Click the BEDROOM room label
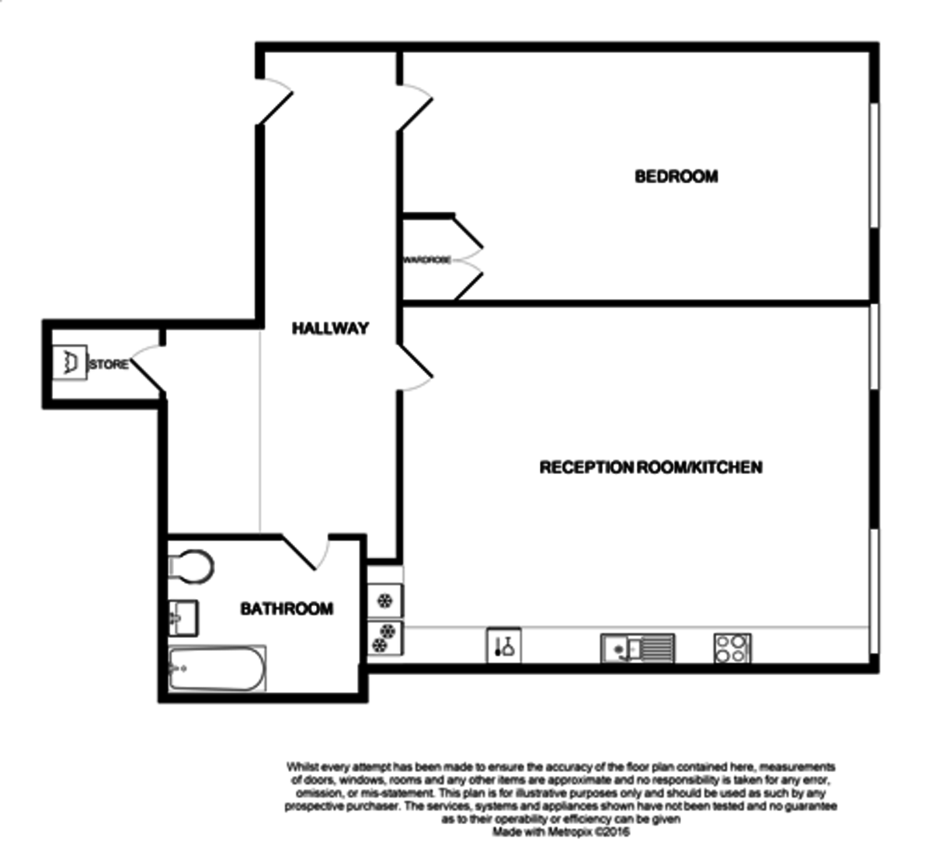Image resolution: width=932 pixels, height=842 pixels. coord(676,176)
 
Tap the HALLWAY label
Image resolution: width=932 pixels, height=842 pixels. coord(330,328)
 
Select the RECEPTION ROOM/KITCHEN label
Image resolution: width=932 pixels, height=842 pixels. coord(650,467)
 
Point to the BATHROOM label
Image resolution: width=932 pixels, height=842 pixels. coord(287,608)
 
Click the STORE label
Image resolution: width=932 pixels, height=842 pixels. coord(109,364)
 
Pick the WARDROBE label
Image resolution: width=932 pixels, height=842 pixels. coord(426,260)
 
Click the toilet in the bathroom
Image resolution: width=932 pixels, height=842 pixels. coord(189,566)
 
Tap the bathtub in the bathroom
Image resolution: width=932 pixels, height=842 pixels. coord(217,667)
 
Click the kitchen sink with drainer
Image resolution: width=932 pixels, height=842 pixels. coord(637,647)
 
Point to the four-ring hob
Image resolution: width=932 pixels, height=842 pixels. coord(732,648)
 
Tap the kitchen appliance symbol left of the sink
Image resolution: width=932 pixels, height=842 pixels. coord(503,646)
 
